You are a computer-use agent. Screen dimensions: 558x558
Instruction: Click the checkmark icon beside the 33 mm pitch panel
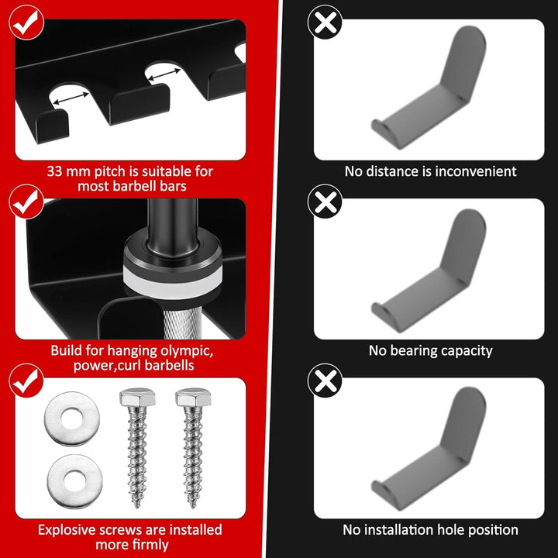(26, 22)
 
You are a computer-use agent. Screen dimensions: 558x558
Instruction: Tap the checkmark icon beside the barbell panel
(26, 201)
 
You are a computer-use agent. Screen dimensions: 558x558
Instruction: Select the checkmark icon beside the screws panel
(26, 381)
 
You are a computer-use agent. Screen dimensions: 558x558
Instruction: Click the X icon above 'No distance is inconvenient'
(325, 22)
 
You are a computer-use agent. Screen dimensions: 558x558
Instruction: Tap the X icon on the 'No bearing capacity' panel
(325, 201)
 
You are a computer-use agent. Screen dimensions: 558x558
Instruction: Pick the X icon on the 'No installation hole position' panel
(325, 381)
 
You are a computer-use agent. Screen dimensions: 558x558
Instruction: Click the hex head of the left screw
(137, 397)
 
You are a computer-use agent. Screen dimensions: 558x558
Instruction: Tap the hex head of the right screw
(193, 397)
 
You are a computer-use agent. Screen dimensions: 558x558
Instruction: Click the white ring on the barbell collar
(173, 277)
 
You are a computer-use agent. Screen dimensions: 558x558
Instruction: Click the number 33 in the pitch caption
(55, 171)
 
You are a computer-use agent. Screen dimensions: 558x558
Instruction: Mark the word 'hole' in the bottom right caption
(453, 530)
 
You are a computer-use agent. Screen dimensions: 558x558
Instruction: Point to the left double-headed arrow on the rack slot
(71, 98)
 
